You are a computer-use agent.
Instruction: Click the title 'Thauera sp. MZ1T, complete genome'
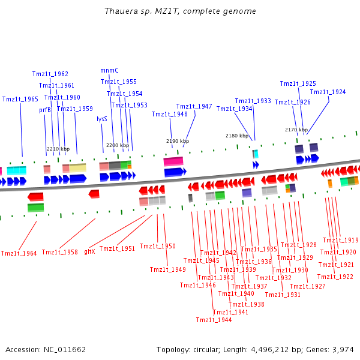pyautogui.click(x=180, y=11)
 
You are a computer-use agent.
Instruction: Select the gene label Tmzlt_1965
pyautogui.click(x=20, y=99)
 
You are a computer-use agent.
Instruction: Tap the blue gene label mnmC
pyautogui.click(x=109, y=70)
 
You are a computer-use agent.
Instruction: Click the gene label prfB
pyautogui.click(x=45, y=110)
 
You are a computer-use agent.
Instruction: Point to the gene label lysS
pyautogui.click(x=102, y=119)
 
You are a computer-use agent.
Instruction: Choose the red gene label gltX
pyautogui.click(x=89, y=251)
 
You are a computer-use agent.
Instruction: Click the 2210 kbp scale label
pyautogui.click(x=58, y=149)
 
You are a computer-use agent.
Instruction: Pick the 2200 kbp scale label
pyautogui.click(x=118, y=145)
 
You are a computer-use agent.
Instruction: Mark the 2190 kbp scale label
pyautogui.click(x=178, y=141)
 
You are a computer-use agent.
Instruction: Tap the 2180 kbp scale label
pyautogui.click(x=237, y=136)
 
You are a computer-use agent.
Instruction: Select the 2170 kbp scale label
pyautogui.click(x=296, y=130)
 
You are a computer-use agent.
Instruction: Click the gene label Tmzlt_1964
pyautogui.click(x=19, y=253)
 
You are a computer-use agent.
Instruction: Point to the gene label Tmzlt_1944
pyautogui.click(x=214, y=320)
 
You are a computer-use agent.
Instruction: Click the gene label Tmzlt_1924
pyautogui.click(x=328, y=92)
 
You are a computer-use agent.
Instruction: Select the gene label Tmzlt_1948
pyautogui.click(x=169, y=114)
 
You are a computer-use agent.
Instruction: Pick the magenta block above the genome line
pyautogui.click(x=173, y=161)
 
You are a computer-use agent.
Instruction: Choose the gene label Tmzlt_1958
pyautogui.click(x=59, y=252)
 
